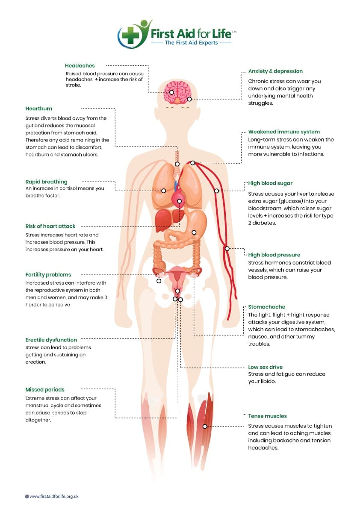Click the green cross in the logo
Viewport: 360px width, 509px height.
click(130, 35)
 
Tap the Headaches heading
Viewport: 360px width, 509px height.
click(80, 65)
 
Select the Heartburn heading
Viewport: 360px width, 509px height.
click(38, 109)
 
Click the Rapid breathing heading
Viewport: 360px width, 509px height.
click(47, 182)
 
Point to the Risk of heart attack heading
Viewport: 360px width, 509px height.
click(50, 226)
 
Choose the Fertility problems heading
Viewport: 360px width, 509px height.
click(48, 275)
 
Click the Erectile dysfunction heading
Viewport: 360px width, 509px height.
click(51, 340)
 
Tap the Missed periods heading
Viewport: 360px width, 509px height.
click(45, 389)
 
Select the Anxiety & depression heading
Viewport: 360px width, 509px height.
click(275, 71)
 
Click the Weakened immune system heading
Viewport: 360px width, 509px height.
click(284, 132)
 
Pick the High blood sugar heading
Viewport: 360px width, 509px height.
click(270, 183)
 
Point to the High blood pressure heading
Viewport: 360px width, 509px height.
click(274, 255)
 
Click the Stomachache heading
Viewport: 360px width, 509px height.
click(266, 307)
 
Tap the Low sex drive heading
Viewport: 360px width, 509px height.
click(265, 367)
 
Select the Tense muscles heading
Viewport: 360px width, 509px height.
click(268, 416)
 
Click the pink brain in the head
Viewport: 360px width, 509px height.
click(177, 91)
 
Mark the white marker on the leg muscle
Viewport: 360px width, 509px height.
click(205, 426)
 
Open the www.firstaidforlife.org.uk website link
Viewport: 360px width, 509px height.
click(52, 496)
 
